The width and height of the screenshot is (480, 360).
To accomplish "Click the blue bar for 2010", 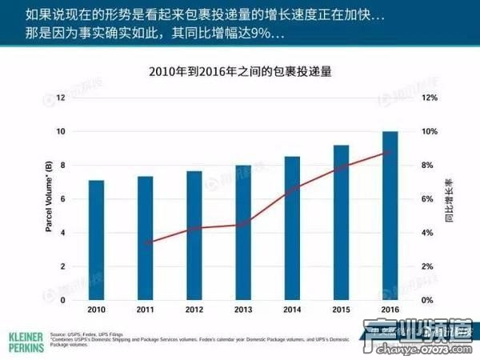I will tap(96, 240).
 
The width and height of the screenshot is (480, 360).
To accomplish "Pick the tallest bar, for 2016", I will tap(390, 216).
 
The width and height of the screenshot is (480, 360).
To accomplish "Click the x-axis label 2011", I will tap(145, 310).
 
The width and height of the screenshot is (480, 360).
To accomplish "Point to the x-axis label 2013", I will tap(243, 310).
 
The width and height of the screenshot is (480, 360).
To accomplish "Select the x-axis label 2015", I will tap(341, 310).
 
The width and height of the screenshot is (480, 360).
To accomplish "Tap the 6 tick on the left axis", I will tap(62, 198).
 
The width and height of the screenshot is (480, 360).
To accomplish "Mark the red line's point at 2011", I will tap(145, 243).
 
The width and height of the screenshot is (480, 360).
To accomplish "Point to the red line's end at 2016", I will tap(390, 152).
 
